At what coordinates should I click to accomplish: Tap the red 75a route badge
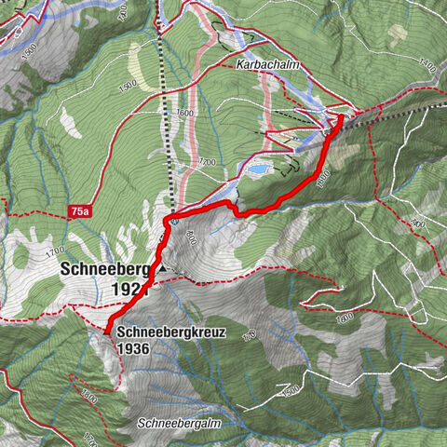pos(81,212)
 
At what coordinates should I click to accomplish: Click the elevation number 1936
pos(134,348)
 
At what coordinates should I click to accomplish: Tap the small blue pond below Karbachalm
pos(260,170)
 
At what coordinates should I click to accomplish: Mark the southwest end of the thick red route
pos(107,332)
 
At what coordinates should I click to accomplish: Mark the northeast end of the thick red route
pos(341,117)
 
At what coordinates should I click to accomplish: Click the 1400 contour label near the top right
pos(427,66)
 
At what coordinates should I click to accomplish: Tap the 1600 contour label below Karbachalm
pos(184,113)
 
